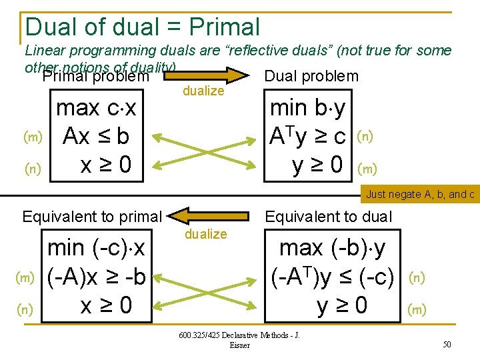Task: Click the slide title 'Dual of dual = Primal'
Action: click(x=142, y=27)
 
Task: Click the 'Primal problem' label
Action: click(x=95, y=77)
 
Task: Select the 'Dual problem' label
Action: click(x=311, y=76)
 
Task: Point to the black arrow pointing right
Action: click(x=214, y=73)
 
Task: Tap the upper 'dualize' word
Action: click(x=203, y=91)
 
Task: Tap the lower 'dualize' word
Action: click(x=206, y=234)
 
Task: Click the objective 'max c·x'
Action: click(x=96, y=109)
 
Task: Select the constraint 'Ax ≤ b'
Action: click(x=96, y=137)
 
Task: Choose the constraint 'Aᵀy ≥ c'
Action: click(x=307, y=137)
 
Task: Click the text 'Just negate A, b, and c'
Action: click(x=420, y=195)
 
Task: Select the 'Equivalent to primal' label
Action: click(x=92, y=216)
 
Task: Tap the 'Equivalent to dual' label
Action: click(x=329, y=216)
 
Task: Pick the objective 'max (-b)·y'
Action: click(x=333, y=248)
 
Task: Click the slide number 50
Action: click(x=446, y=343)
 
